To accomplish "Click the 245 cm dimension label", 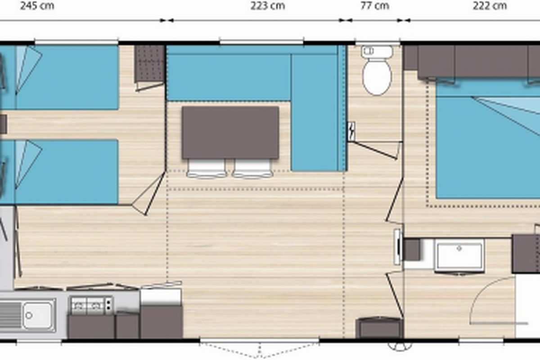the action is click(37, 6).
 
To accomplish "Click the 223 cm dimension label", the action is click(268, 6).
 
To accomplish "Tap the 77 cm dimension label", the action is click(375, 6).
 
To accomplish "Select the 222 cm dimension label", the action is click(490, 6).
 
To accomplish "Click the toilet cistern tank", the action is click(377, 51).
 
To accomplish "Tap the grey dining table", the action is click(230, 132).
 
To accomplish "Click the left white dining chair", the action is click(207, 168).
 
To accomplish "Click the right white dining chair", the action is click(252, 168).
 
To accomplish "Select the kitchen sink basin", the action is click(38, 315).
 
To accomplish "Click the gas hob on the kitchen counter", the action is click(91, 306).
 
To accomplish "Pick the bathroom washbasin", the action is click(459, 256).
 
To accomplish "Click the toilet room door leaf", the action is click(374, 150).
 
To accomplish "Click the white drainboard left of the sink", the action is click(11, 315).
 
